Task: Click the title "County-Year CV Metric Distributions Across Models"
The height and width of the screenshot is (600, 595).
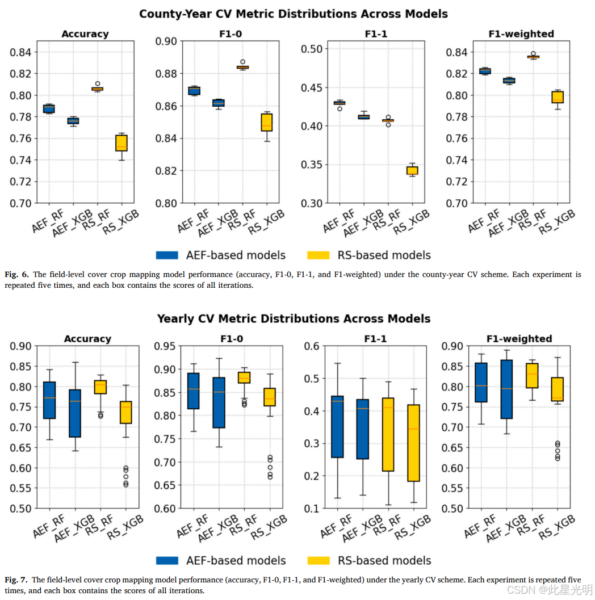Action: (294, 14)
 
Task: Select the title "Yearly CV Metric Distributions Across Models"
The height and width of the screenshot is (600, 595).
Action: (294, 319)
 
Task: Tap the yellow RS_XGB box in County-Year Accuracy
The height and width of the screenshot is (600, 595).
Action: (121, 142)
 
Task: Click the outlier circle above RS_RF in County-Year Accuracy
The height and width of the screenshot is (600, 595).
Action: (98, 83)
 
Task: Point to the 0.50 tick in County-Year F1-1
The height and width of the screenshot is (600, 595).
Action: (312, 49)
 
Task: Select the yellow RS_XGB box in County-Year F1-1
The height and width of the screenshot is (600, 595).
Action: (412, 170)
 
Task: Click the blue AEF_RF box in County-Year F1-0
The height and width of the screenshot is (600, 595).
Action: (194, 91)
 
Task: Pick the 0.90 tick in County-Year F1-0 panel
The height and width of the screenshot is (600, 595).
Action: (166, 41)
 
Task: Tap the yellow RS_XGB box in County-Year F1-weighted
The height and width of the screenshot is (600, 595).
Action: (558, 97)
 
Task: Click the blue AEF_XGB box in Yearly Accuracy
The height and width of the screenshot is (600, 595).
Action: (75, 413)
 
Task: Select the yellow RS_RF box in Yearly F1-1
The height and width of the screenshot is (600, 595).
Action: (388, 434)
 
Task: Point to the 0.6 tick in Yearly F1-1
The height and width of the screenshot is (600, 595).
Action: (312, 346)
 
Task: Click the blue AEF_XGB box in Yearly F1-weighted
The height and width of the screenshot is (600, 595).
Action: (506, 389)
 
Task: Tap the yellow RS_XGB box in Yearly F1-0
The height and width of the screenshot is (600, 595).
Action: (270, 397)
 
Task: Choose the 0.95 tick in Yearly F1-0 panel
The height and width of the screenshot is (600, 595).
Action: (165, 346)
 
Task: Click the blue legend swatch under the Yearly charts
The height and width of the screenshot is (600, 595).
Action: (167, 561)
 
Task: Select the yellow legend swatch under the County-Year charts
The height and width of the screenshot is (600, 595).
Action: (319, 255)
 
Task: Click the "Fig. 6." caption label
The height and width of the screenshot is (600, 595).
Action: (16, 274)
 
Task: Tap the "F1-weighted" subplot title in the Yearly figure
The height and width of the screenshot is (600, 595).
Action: (519, 339)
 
